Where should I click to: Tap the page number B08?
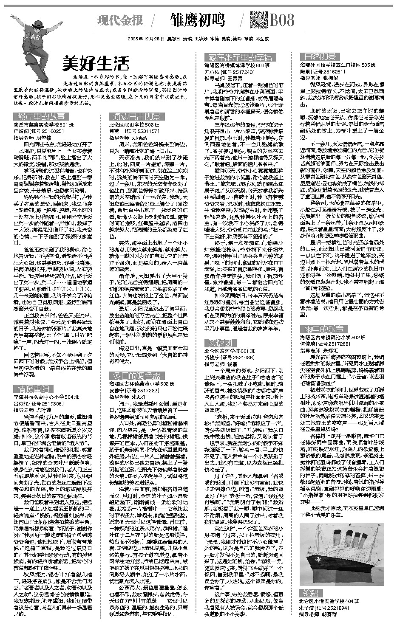282,20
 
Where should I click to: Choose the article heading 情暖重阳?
33,389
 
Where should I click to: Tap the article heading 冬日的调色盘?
135,376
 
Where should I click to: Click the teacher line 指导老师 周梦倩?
32,138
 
